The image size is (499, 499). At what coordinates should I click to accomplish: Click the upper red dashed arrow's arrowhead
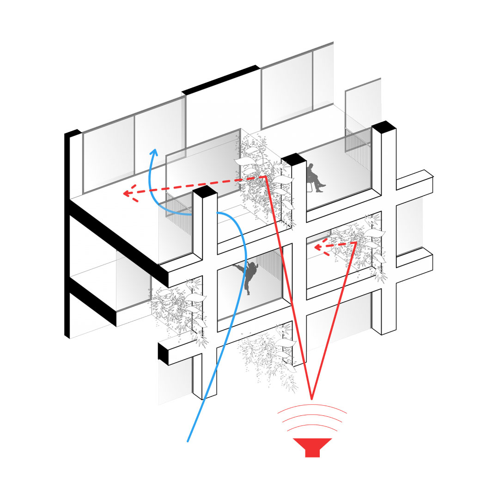pyautogui.click(x=128, y=194)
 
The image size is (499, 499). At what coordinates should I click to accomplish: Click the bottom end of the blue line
pyautogui.click(x=188, y=441)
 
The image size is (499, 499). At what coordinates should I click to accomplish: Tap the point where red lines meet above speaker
pyautogui.click(x=312, y=398)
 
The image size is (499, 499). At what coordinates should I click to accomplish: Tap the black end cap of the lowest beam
pyautogui.click(x=163, y=353)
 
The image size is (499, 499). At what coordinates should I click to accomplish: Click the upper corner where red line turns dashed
pyautogui.click(x=264, y=176)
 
